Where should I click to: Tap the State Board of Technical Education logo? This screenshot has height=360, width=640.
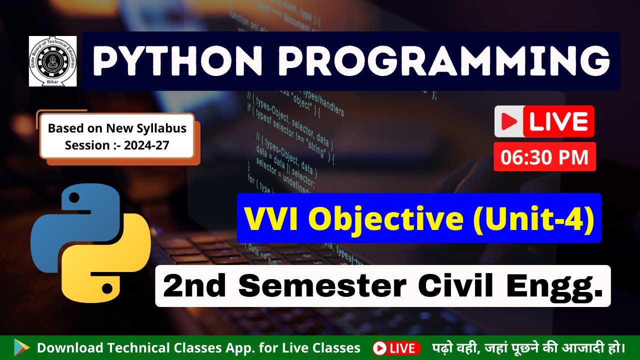click(x=52, y=61)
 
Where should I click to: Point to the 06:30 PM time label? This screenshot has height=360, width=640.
click(x=544, y=157)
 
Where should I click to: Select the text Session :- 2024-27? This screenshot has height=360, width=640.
click(x=117, y=145)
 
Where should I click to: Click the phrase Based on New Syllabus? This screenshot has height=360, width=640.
click(x=117, y=128)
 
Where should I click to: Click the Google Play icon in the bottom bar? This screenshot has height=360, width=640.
click(x=21, y=347)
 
